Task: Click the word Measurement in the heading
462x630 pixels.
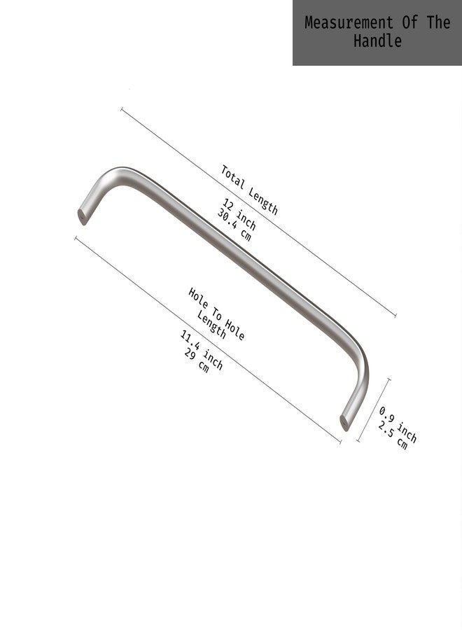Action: [349, 22]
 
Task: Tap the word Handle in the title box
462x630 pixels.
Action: [377, 41]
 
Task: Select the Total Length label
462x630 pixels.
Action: [249, 190]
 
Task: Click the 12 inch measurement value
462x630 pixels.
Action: [239, 214]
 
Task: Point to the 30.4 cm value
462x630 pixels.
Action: [234, 225]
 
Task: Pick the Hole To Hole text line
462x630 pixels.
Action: [216, 314]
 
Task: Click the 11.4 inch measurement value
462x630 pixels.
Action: [202, 350]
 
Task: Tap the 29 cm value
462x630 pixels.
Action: [197, 360]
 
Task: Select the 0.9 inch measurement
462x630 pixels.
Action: [398, 424]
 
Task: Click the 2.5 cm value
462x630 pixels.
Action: [393, 435]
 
